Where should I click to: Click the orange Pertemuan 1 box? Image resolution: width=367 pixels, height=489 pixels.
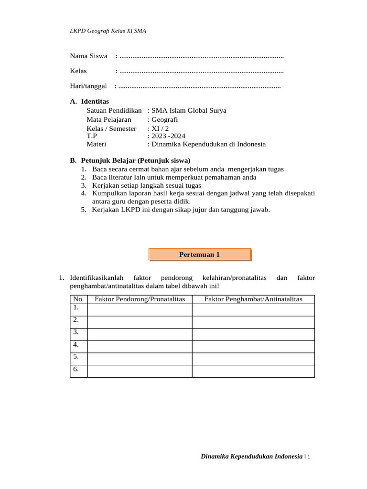[x=200, y=255]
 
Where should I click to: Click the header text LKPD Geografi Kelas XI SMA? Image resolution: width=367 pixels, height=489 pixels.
[x=108, y=31]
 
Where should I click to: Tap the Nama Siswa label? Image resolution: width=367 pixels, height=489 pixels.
[x=88, y=56]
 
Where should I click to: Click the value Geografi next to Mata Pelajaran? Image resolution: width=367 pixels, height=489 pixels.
[x=164, y=119]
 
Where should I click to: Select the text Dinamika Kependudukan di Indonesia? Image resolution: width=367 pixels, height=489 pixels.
[x=208, y=144]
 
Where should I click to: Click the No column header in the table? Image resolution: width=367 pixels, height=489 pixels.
[x=78, y=299]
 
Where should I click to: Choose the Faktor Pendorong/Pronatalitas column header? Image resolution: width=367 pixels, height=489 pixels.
[x=140, y=299]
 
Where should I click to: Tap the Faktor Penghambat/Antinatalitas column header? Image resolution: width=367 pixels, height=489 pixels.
[x=253, y=299]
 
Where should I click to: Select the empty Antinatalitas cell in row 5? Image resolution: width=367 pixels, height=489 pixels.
[x=253, y=359]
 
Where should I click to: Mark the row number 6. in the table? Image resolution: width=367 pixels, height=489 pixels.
[x=76, y=369]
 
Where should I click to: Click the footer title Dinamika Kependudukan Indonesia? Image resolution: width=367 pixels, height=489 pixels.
[x=252, y=457]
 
